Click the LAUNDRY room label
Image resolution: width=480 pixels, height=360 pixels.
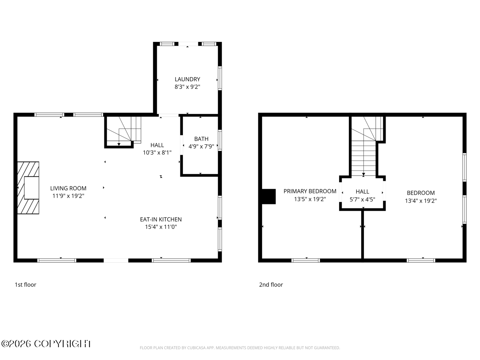coord(187,79)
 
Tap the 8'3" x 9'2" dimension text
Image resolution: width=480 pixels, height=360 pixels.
coord(187,87)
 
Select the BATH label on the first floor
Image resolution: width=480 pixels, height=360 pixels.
coord(201,139)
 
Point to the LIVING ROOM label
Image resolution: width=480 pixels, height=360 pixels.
coord(68,188)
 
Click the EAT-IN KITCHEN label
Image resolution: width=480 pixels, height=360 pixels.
coord(161,219)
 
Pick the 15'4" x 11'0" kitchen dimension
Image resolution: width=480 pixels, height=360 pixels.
coord(161,227)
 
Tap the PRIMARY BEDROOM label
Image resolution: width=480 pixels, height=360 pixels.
coord(310,191)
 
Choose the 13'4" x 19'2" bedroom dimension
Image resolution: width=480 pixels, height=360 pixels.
coord(421,201)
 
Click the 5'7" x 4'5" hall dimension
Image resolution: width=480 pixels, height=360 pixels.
coord(362,199)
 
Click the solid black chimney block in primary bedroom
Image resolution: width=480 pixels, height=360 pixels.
coord(269,196)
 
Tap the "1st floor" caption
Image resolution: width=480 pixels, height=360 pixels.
coord(25,284)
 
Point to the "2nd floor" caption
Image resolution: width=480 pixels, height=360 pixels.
coord(271,284)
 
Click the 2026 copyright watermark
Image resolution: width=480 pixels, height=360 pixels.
coord(46,344)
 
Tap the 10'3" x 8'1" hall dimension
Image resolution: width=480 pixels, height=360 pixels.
coord(157,152)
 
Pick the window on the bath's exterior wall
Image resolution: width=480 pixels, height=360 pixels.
coord(220,140)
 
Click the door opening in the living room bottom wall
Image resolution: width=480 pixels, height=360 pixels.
coord(116,260)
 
